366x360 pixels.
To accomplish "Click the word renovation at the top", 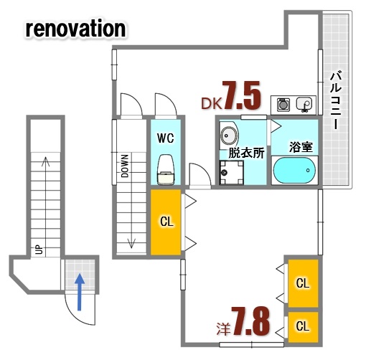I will tap(76, 29).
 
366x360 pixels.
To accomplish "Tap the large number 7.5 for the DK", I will tap(240, 95).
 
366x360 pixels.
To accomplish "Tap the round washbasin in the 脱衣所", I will tap(230, 135).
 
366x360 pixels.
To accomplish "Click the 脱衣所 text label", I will tap(245, 153).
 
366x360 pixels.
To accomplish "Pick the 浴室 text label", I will tap(299, 147).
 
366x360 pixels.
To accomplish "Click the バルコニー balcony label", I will tap(335, 100).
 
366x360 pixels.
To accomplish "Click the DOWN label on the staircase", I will tap(124, 166).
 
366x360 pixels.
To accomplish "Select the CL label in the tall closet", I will tap(166, 222).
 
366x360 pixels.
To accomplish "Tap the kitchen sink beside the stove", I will tap(305, 105).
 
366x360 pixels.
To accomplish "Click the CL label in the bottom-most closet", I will tap(303, 326).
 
